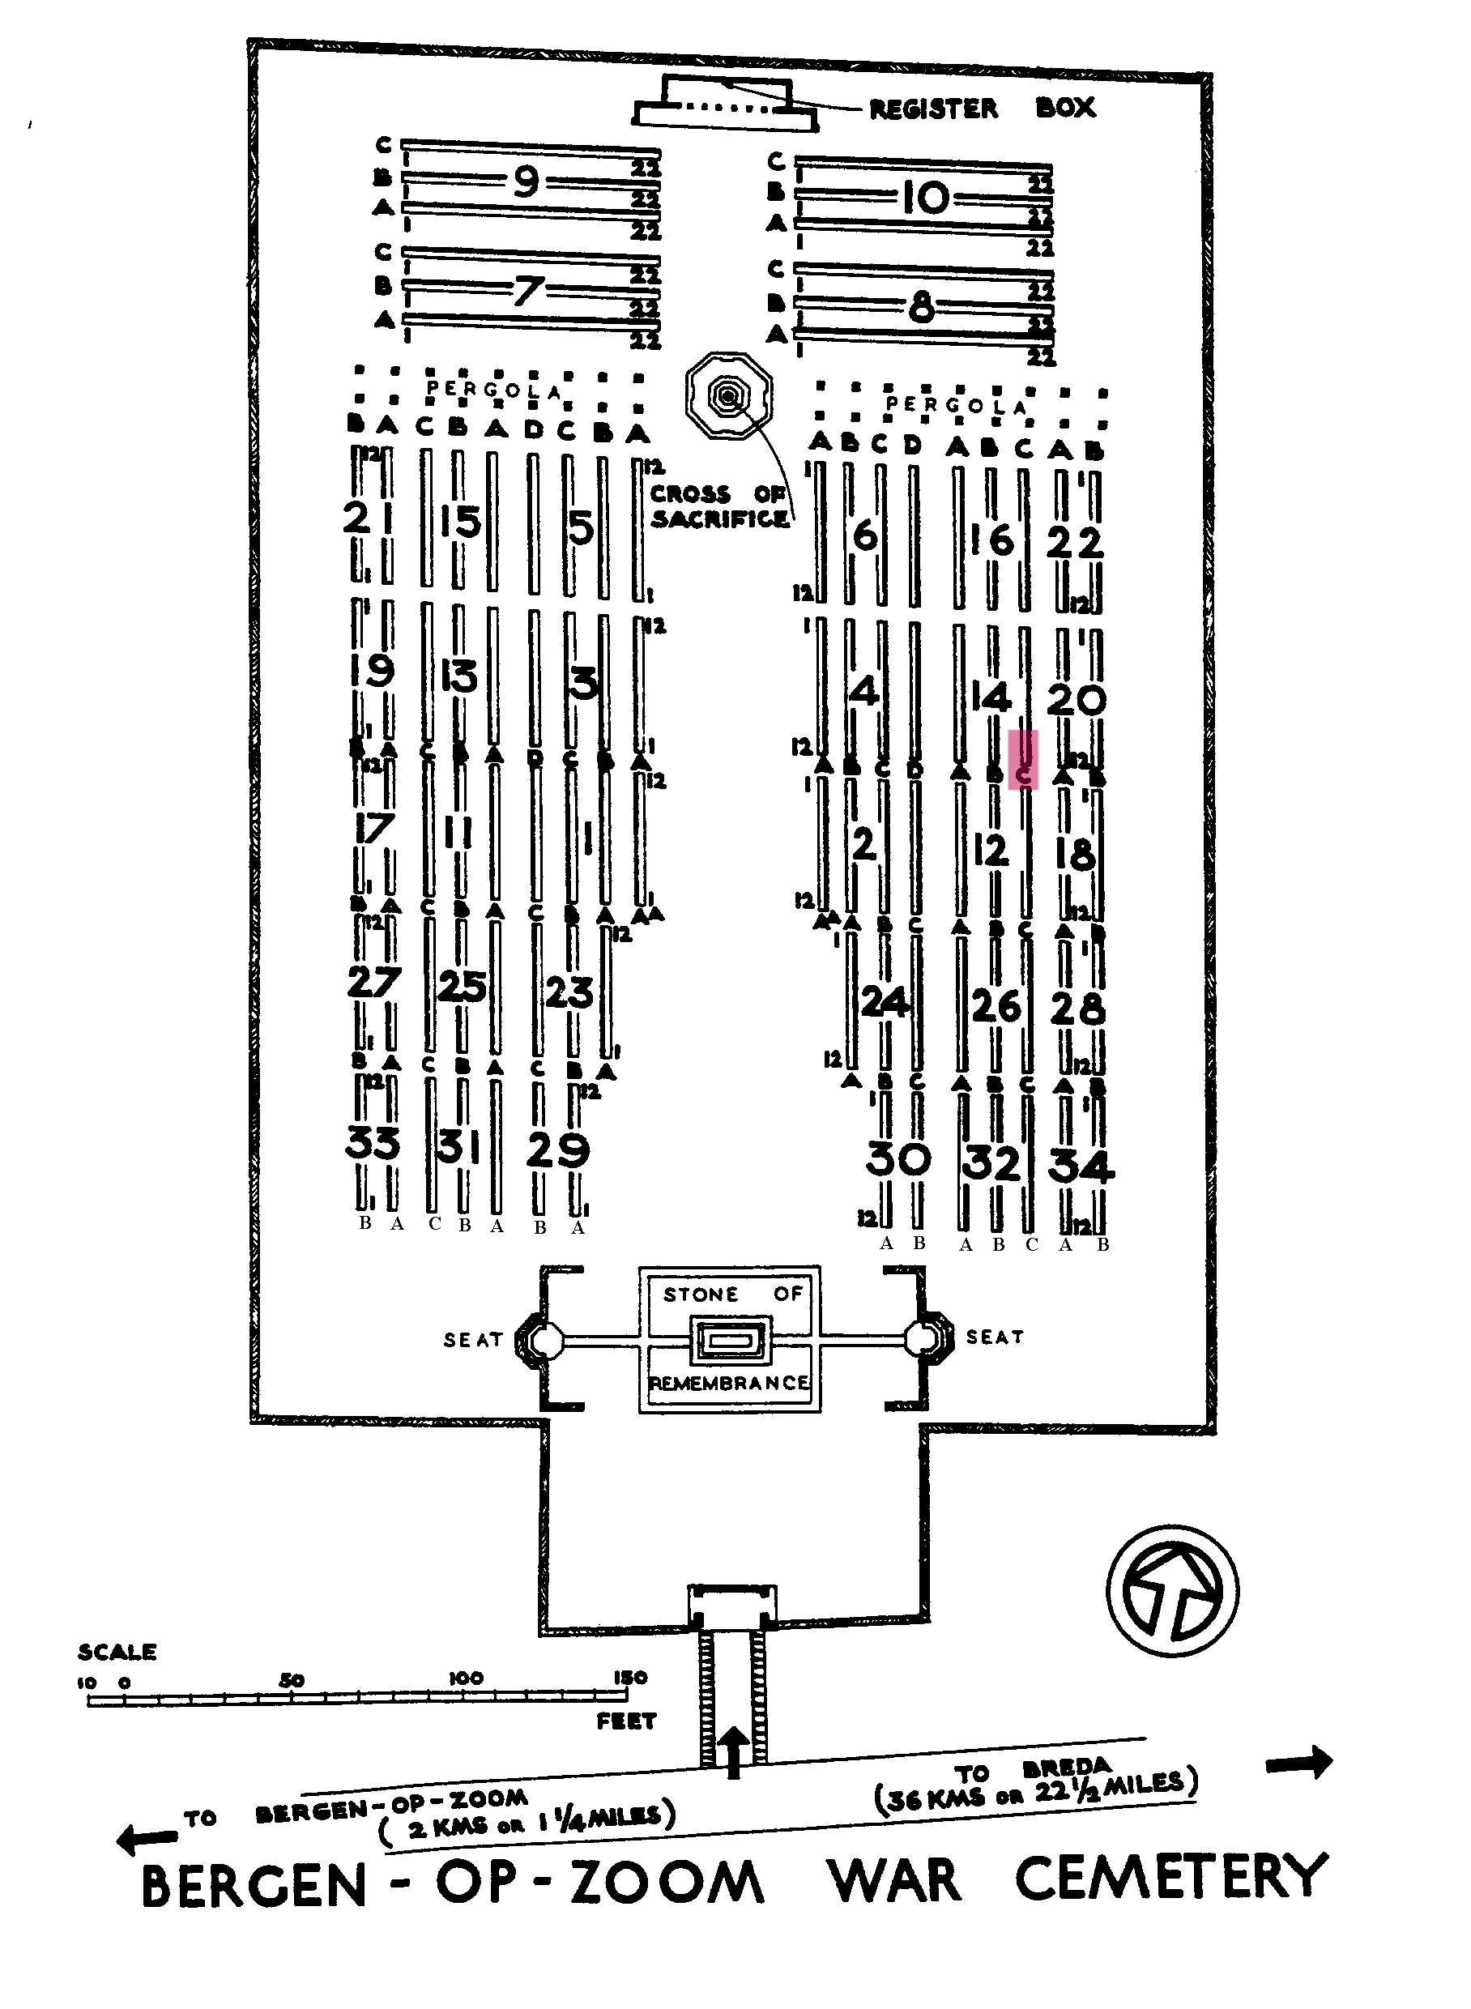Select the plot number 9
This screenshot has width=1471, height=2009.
[x=526, y=181]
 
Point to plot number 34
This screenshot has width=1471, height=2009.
[x=1080, y=1166]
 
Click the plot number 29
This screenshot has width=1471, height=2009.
[x=557, y=1150]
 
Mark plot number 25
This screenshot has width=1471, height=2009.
[x=463, y=986]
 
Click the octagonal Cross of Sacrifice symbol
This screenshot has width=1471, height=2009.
[x=729, y=395]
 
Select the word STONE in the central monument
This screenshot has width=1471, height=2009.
[x=701, y=1294]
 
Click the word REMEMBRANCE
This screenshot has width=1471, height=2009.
[x=729, y=1383]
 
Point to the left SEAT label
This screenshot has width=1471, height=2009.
[x=473, y=1340]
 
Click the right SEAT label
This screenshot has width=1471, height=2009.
[x=995, y=1337]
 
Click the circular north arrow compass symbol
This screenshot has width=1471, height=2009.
[x=1172, y=1590]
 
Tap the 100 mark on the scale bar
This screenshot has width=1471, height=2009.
[x=466, y=1678]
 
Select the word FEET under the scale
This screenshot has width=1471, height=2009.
[x=626, y=1721]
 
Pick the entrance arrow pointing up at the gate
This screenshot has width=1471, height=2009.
[x=733, y=1751]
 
